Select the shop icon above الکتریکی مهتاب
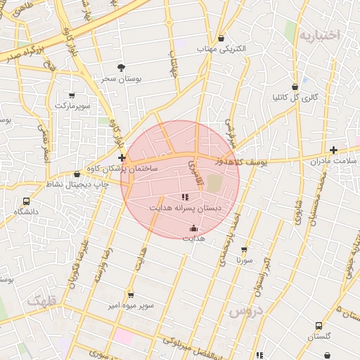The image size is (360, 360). [x=222, y=38]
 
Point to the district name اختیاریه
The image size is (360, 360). [x=319, y=35]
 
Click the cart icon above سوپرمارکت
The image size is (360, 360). [x=72, y=94]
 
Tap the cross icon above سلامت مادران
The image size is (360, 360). [x=333, y=150]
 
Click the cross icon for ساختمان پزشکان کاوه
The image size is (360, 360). [x=122, y=157]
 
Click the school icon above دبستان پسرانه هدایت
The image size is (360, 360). [x=185, y=198]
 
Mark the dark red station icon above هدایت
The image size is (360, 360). [x=193, y=228]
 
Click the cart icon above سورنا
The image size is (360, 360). [x=244, y=249]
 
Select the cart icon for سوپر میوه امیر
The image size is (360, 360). [x=130, y=295]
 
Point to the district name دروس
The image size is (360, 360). [x=245, y=310]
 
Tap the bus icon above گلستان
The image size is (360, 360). [x=319, y=326]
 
